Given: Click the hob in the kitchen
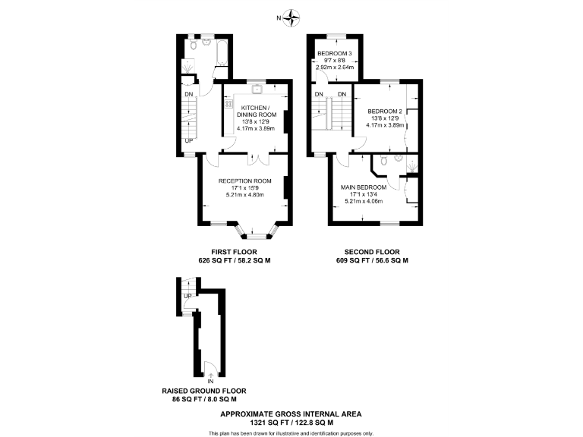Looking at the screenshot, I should (228, 102).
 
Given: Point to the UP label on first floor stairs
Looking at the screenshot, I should (188, 140).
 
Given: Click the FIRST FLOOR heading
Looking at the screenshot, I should (235, 252).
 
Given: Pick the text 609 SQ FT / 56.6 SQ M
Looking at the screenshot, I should (372, 260).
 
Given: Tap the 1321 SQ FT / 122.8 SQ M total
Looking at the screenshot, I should (291, 422).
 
